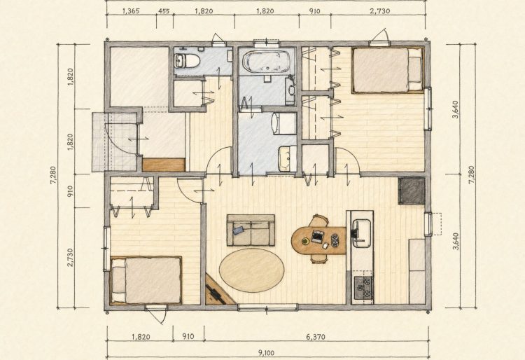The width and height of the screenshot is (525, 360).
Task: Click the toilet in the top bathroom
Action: point(187,61)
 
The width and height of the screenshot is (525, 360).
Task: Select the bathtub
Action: point(266,62)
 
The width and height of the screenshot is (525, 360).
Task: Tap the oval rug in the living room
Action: point(251,270)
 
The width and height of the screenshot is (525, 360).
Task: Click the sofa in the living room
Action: point(251,230)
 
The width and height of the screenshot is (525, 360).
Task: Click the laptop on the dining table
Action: point(316,235)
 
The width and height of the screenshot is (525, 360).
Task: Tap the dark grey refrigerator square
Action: point(412,191)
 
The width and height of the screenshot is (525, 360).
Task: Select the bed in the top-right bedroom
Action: point(388,70)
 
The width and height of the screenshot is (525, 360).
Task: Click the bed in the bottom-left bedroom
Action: point(146,280)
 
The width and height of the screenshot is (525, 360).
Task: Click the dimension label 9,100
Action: point(266,352)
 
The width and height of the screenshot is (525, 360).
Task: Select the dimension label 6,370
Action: point(316,337)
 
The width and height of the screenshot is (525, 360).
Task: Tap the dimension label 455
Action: point(164,11)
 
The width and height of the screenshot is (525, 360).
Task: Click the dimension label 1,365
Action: point(131,11)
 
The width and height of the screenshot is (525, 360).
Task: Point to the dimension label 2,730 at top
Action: point(380,11)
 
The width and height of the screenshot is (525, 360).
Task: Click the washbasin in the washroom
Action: point(288,158)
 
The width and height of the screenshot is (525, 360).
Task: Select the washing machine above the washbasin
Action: point(284,123)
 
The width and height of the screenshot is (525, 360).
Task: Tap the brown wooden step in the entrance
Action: point(164,165)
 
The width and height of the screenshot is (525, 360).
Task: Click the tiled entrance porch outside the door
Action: point(115,142)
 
